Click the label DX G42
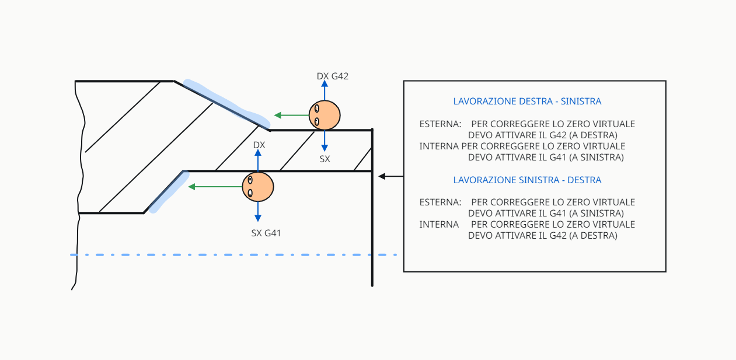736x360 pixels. pos(332,76)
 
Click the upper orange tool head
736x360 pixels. pos(325,115)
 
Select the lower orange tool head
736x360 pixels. pos(258,187)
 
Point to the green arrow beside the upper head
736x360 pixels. pos(291,115)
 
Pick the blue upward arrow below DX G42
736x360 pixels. pos(325,90)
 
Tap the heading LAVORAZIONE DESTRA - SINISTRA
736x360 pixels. pos(527,102)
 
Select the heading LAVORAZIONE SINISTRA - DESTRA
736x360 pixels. pos(527,180)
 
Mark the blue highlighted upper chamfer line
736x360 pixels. pos(225,104)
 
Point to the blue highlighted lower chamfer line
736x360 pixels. pos(169,191)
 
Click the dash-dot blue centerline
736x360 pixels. pos(233,255)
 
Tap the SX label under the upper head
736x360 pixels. pos(325,159)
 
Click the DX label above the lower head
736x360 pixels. pos(259,145)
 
